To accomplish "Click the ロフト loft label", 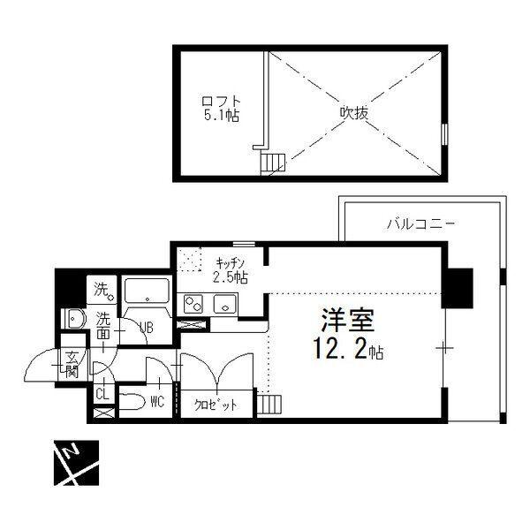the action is [221, 101].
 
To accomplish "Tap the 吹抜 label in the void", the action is [353, 113].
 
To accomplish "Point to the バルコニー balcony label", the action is [420, 223].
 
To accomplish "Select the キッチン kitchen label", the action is [230, 262].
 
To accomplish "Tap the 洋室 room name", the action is [348, 320].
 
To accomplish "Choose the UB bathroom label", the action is [146, 327].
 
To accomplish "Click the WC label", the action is [157, 402].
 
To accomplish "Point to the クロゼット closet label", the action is [216, 405].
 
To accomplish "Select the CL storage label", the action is [102, 395].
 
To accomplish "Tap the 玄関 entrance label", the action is [72, 365].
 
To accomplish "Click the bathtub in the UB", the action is [147, 291].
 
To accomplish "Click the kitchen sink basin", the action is [224, 304].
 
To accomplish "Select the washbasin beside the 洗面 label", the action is [73, 318].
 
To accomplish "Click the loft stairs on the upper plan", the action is [273, 163].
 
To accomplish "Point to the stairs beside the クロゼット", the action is [269, 404].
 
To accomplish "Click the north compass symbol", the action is [76, 463].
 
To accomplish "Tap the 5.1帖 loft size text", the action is [221, 116].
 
